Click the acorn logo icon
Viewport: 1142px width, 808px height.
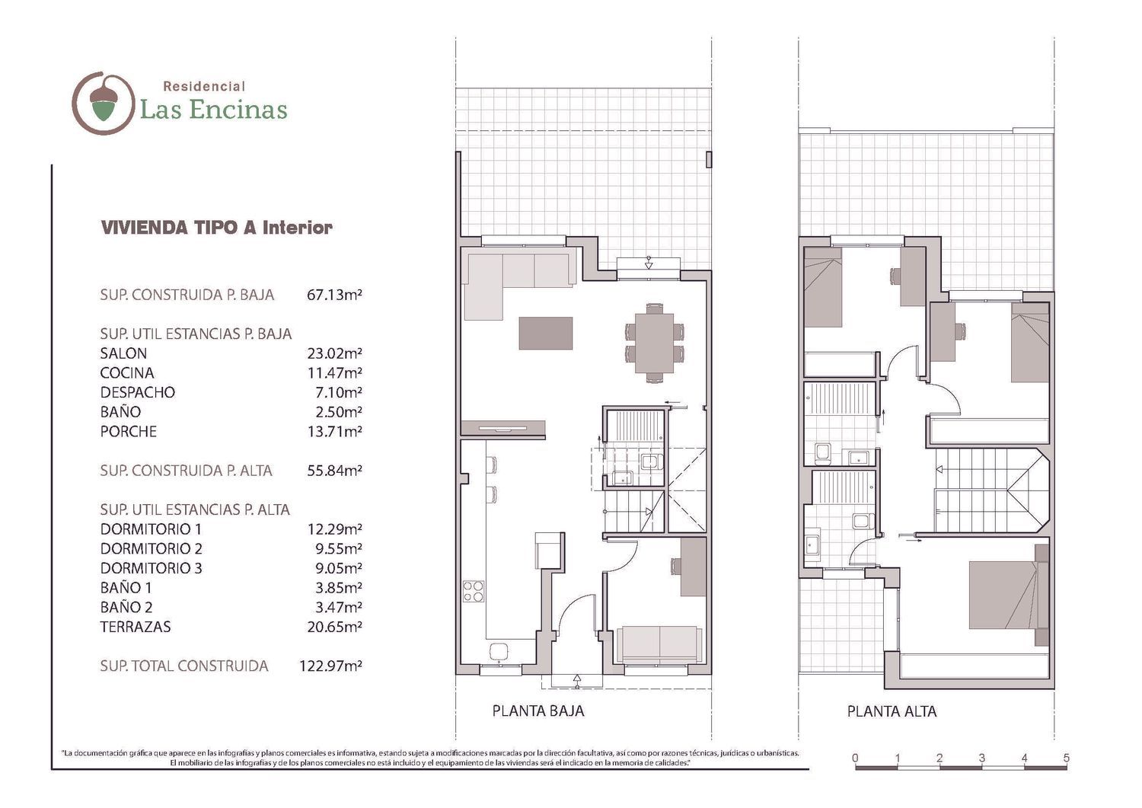tap(104, 103)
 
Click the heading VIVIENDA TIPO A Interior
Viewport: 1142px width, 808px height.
tap(217, 228)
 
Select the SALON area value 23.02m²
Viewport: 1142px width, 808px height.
tap(334, 353)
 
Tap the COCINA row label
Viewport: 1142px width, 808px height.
tap(127, 373)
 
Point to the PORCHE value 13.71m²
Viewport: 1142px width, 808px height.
tap(334, 432)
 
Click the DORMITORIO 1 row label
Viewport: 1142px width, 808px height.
tap(151, 529)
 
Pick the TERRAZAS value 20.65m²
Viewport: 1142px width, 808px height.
tap(334, 627)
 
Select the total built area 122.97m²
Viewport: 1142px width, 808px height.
tap(331, 666)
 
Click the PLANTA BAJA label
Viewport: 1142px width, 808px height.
tap(538, 711)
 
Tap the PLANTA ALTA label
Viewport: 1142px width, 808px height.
tap(892, 711)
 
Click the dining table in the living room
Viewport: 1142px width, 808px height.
tap(655, 343)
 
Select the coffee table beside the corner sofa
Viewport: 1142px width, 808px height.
tap(546, 333)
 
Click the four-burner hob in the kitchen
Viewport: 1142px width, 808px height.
tap(473, 592)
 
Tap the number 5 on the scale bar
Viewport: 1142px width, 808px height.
tap(1066, 758)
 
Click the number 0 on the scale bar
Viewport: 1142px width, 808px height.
tap(856, 758)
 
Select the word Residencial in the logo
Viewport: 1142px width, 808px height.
tap(204, 86)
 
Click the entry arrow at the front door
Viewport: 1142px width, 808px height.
tap(577, 681)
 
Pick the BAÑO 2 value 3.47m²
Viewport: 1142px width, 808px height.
tap(339, 607)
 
